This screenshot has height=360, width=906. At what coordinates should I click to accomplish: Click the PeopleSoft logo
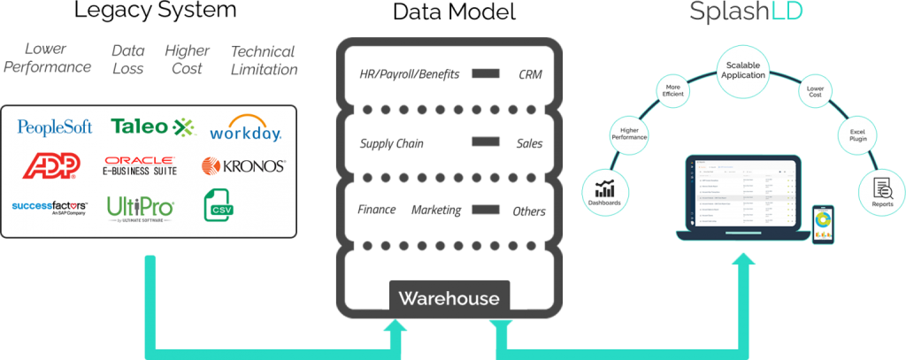[55, 127]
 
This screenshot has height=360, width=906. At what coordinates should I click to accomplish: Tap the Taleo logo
[151, 126]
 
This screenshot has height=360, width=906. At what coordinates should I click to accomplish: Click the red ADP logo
[51, 165]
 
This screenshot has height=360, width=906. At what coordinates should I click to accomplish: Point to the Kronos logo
[243, 165]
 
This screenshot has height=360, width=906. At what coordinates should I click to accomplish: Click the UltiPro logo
[141, 207]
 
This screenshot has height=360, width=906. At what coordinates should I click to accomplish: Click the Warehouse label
[449, 298]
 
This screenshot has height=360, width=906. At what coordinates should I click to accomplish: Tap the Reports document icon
[882, 188]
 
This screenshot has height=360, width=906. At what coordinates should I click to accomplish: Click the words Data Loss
[129, 58]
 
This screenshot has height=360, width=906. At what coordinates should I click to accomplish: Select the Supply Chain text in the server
[389, 143]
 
